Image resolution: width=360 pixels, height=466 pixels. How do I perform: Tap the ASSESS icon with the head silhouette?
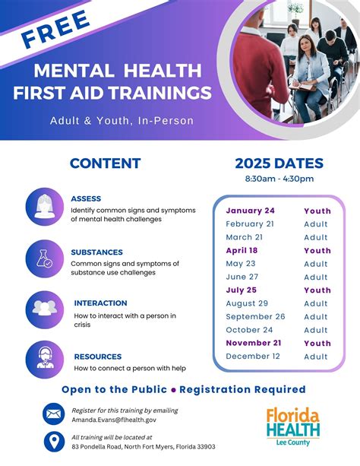pos(44,207)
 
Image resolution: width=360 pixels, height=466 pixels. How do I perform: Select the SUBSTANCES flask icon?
pos(44,259)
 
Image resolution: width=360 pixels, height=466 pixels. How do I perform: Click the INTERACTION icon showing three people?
pos(44,309)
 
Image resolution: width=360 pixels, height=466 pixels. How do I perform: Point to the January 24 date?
pos(250,211)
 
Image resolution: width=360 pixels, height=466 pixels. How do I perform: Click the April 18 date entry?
pos(242,250)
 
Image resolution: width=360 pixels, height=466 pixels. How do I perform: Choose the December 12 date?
pos(253,357)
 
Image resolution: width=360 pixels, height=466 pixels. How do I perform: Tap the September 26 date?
pos(255,316)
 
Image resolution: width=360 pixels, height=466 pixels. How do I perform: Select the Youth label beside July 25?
pos(317,290)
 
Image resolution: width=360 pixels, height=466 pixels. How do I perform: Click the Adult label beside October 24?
pos(317,330)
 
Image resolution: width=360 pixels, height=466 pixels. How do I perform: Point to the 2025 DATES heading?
pos(279,163)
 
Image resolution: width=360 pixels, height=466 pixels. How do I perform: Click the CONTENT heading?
pos(105,163)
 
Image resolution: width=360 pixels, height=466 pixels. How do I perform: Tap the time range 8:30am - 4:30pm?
pos(279,179)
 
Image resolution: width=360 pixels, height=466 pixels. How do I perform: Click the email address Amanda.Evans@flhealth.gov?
pos(114,420)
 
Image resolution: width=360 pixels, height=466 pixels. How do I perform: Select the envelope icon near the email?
pos(54,414)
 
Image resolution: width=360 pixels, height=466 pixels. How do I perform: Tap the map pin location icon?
pos(54,442)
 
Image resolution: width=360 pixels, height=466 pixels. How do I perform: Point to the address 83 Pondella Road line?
pos(143,447)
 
